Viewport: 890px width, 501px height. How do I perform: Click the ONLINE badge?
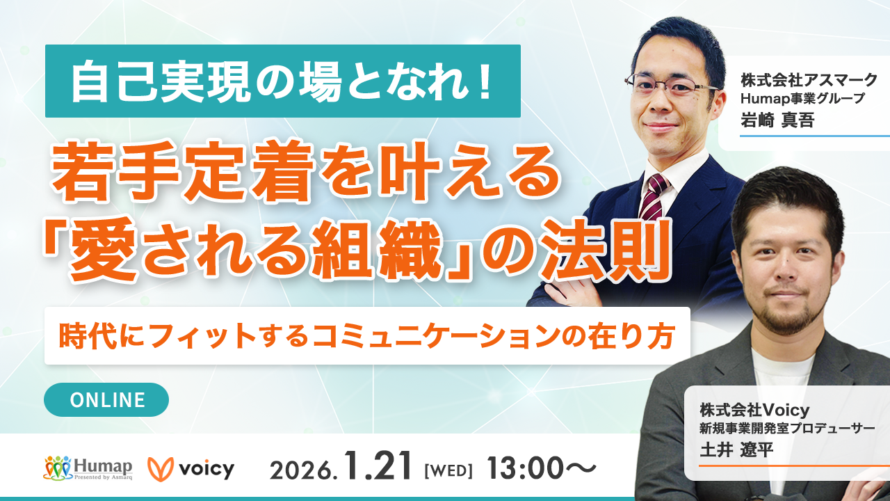(106, 399)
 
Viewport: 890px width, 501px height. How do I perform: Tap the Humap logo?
(88, 468)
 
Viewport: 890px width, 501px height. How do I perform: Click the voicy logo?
(191, 469)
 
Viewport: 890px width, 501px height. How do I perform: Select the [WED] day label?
(448, 471)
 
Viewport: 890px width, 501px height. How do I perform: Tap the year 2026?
(304, 470)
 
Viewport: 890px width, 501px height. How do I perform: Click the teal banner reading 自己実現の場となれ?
(283, 81)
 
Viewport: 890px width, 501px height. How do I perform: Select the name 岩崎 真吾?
(777, 120)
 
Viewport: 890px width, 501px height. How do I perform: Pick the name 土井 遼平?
(736, 450)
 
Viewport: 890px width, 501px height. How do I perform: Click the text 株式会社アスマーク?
(809, 80)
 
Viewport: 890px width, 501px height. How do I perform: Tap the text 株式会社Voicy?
(754, 410)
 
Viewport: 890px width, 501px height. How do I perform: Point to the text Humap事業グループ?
(802, 99)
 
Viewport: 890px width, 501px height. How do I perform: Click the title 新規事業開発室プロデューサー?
(787, 429)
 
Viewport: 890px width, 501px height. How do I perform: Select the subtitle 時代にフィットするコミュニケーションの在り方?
(367, 336)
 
